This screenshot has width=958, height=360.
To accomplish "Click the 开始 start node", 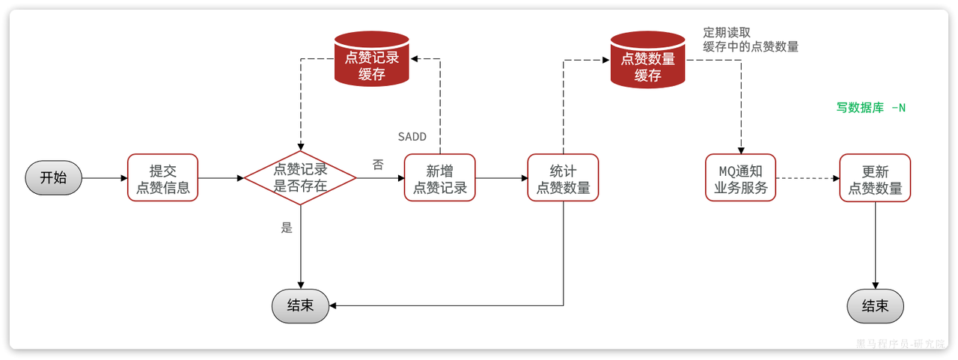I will [53, 178].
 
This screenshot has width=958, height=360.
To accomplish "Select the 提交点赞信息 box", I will [162, 178].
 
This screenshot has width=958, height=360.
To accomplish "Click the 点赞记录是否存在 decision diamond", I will [300, 178].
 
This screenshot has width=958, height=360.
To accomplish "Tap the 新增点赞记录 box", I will [440, 178].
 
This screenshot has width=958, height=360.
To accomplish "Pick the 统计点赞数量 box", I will [563, 178].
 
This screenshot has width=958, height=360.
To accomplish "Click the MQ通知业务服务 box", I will [741, 178].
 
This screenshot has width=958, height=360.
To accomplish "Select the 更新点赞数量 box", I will [875, 178].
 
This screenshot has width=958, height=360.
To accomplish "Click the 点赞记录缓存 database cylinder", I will [371, 58].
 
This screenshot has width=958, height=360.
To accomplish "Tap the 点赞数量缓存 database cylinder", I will [648, 58].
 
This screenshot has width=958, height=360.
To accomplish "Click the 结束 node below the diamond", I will [300, 306].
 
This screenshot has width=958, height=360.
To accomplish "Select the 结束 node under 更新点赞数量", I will [875, 306].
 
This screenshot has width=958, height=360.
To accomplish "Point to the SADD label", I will [412, 137].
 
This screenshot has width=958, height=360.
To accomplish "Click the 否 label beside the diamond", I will [378, 165].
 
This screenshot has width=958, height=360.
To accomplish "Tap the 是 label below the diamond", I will [287, 228].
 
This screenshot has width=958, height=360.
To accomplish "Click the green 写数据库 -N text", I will [870, 108].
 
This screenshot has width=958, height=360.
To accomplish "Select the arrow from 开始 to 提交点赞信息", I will [105, 178].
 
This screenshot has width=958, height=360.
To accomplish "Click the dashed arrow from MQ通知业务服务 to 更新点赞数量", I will [808, 178].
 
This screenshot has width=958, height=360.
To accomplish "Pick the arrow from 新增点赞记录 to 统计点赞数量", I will [501, 178].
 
